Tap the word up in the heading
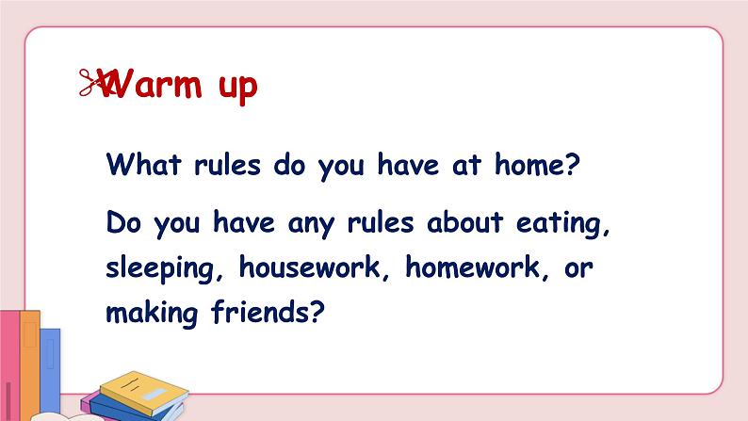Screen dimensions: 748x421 tap(238, 89)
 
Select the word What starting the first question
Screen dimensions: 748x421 tap(143, 165)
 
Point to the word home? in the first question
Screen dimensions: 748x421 tap(537, 165)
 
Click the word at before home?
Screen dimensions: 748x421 tap(466, 165)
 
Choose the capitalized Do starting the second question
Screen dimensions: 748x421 tap(123, 222)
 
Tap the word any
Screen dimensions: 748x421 tap(311, 225)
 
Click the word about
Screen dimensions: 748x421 tap(464, 222)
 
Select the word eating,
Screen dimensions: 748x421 tap(563, 224)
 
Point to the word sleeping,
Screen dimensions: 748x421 tap(165, 268)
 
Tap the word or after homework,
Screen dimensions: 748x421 tap(578, 268)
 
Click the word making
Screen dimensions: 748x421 tap(152, 314)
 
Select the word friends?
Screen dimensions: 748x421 tap(268, 312)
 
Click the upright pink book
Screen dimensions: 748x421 tap(9, 365)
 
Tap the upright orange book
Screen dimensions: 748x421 tap(29, 364)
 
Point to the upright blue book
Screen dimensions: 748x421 tap(50, 370)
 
